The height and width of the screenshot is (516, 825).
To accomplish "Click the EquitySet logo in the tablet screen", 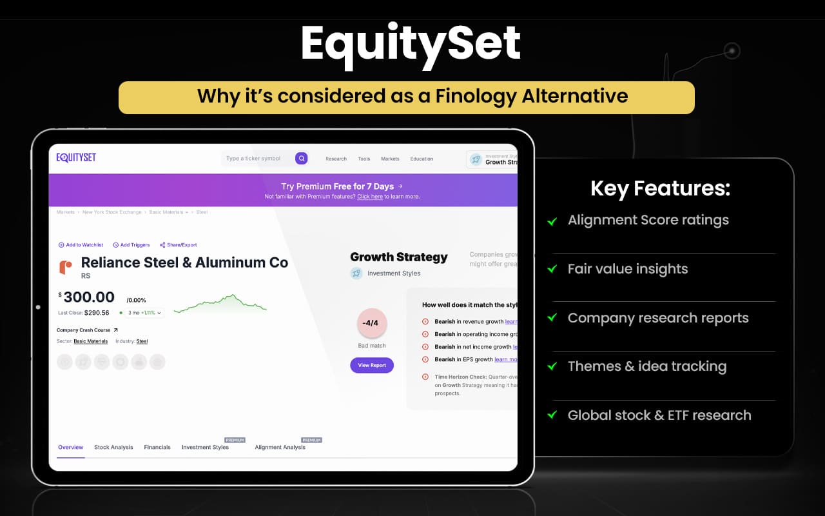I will (x=76, y=158).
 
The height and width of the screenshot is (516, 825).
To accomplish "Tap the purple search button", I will (x=301, y=159).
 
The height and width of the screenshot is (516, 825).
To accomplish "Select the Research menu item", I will (x=336, y=159).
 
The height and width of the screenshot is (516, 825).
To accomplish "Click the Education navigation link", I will (x=422, y=159).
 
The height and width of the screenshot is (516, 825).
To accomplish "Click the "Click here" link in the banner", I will (x=370, y=197).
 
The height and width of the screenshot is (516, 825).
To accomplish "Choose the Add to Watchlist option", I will (x=81, y=245).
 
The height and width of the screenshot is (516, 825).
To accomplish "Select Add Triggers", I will (x=131, y=245).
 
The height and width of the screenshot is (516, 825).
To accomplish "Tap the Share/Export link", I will (x=179, y=245).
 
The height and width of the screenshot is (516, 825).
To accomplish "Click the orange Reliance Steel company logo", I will (x=65, y=267).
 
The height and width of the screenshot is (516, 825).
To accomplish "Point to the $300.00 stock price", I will (x=88, y=297).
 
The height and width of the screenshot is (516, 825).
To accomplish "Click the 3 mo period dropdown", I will (x=144, y=313).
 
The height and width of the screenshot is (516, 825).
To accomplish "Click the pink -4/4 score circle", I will (x=372, y=323).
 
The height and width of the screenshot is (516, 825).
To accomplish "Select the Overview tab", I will (x=71, y=447).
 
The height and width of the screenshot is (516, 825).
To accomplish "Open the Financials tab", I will (x=157, y=447).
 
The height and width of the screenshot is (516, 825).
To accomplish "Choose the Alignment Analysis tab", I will (x=280, y=447).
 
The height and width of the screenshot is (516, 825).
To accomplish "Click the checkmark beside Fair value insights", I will (x=552, y=270).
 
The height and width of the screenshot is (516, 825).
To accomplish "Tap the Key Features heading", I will (x=660, y=188).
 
